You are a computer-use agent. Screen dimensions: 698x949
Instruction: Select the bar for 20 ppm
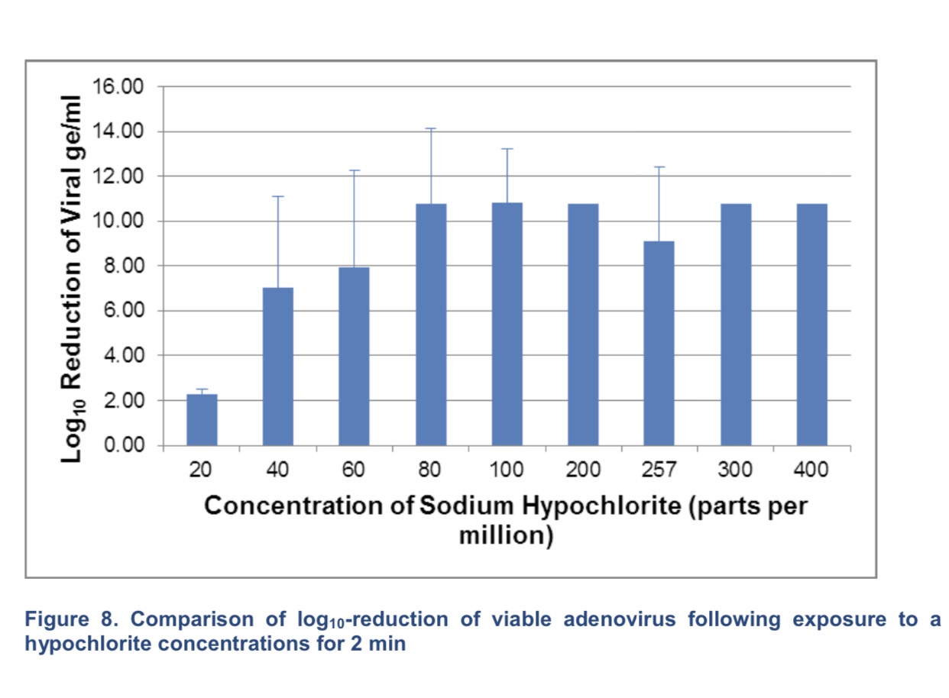point(202,419)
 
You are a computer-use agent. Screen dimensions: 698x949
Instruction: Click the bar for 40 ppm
point(277,367)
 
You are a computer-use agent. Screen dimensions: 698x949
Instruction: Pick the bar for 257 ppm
point(659,344)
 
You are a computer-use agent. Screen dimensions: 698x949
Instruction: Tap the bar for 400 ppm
point(811,325)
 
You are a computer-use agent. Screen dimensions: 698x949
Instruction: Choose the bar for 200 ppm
point(583,325)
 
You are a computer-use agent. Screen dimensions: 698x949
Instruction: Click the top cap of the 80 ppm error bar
point(431,128)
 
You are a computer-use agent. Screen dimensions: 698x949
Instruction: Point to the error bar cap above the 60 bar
point(355,170)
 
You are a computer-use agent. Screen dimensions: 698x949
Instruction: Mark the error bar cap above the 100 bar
point(507,149)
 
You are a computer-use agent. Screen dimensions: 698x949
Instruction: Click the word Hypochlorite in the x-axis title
point(588,507)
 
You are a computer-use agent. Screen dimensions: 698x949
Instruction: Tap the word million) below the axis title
point(505,535)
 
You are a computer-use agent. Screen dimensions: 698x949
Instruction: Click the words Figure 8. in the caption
point(63,619)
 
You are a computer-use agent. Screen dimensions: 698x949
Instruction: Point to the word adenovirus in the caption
point(619,619)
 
